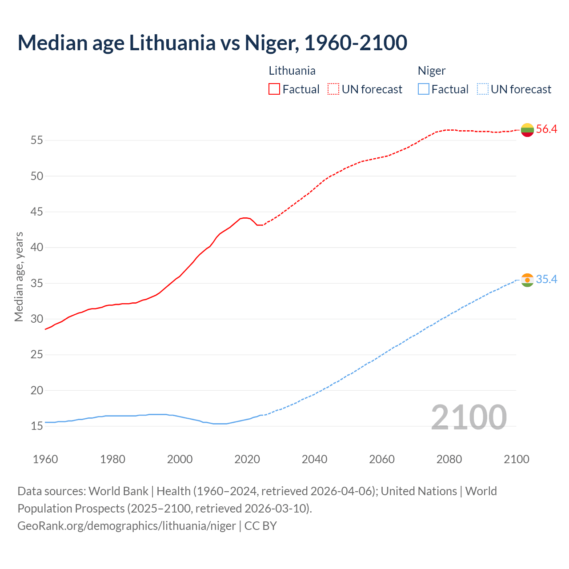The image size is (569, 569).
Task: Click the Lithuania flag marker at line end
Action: tap(527, 130)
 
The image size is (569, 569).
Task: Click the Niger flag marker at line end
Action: tap(527, 280)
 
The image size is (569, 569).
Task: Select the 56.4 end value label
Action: tap(546, 129)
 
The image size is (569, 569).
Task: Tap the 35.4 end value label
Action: tap(546, 280)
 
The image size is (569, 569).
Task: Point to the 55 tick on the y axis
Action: tap(37, 140)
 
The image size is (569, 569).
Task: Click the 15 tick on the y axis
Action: tap(37, 426)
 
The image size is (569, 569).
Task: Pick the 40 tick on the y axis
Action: tap(37, 248)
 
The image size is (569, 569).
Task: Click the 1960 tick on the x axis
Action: tap(45, 459)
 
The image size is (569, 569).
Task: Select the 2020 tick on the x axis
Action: tap(247, 459)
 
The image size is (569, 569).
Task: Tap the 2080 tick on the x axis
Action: tap(449, 459)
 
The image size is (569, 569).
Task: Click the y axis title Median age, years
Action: tap(19, 276)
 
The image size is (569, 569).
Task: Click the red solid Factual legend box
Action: tap(274, 89)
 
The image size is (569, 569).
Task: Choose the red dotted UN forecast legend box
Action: tap(333, 89)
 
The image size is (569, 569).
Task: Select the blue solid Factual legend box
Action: tap(424, 89)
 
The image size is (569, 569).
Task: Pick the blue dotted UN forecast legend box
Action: tap(483, 89)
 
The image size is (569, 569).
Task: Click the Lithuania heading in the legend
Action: tap(292, 71)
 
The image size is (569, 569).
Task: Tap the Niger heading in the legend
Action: tap(432, 71)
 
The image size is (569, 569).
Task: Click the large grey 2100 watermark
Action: tap(469, 417)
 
